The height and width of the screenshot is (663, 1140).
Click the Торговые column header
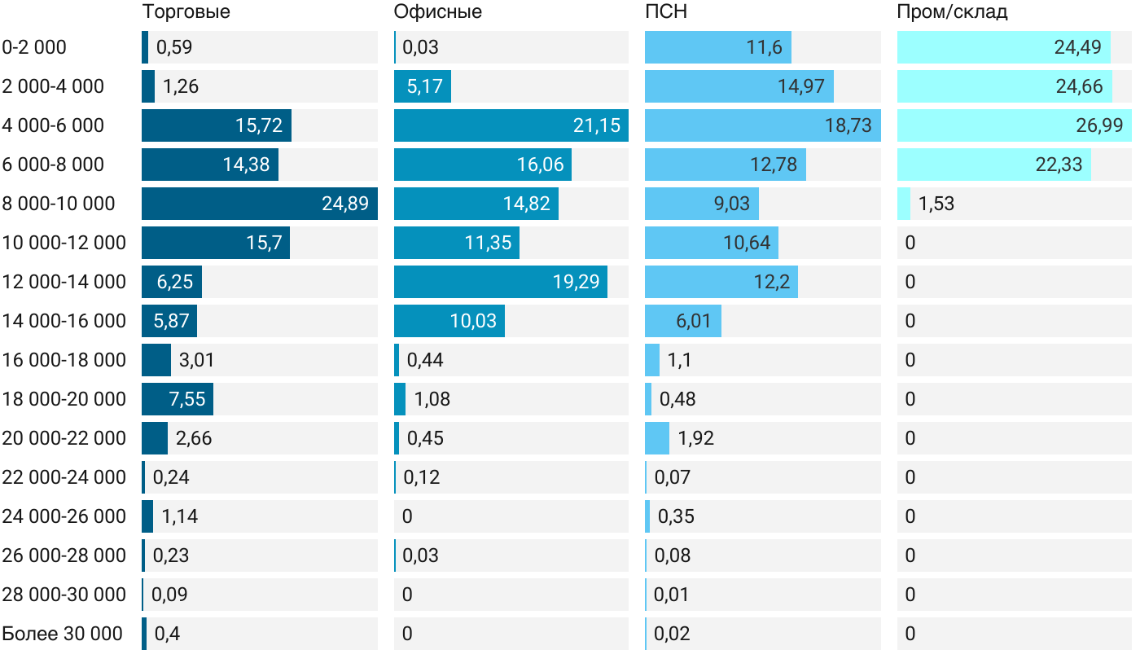(x=186, y=12)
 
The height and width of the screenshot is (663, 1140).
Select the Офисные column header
(x=437, y=12)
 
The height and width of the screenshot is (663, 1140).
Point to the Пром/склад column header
(x=952, y=12)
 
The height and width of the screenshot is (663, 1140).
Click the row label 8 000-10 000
(x=59, y=204)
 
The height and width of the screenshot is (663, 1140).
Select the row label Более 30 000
(x=62, y=634)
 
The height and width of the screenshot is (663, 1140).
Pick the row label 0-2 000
(x=34, y=47)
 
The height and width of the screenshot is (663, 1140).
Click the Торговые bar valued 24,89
(x=259, y=204)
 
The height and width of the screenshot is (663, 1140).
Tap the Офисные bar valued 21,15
(x=511, y=125)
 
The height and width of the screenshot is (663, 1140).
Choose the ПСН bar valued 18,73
(x=762, y=125)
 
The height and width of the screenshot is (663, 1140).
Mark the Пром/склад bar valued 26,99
(x=1014, y=125)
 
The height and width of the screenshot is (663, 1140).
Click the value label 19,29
(x=576, y=282)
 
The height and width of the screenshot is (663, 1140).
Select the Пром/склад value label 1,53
(x=936, y=204)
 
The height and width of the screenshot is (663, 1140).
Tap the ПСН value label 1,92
(x=695, y=438)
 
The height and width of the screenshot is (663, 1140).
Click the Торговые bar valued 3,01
(x=156, y=360)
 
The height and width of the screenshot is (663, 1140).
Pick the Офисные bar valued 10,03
(x=449, y=321)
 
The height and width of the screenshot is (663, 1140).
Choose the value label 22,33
(x=1059, y=165)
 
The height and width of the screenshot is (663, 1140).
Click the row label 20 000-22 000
(x=64, y=438)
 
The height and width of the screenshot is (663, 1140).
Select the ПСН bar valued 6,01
(x=682, y=321)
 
